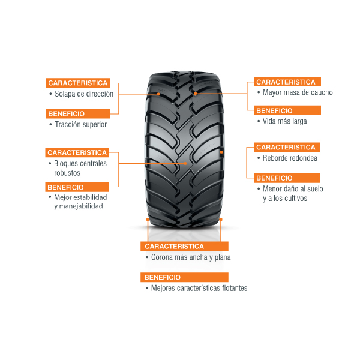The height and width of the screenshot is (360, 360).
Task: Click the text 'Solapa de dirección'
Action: [x=84, y=94]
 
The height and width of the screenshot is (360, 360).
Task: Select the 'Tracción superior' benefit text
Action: [x=81, y=125]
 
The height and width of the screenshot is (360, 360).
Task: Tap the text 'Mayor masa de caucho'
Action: [x=298, y=92]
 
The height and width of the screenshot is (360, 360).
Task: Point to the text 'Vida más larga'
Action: [x=284, y=121]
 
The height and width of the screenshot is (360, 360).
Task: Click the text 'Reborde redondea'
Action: [x=290, y=158]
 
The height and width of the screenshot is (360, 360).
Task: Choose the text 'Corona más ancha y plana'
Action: [x=191, y=257]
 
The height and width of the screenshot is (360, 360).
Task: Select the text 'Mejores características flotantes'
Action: [x=199, y=288]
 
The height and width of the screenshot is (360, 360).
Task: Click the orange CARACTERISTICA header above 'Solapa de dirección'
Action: [x=78, y=83]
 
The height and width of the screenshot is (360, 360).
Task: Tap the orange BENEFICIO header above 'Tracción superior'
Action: [x=78, y=113]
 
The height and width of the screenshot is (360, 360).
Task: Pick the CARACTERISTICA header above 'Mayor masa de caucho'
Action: [x=287, y=82]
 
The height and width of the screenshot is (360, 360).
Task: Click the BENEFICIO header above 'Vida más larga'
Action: [x=287, y=110]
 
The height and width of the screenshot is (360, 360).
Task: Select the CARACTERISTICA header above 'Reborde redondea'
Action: [x=287, y=147]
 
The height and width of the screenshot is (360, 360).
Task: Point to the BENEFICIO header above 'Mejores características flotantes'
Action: [x=184, y=277]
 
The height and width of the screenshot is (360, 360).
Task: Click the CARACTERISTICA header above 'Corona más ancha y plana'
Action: [x=184, y=247]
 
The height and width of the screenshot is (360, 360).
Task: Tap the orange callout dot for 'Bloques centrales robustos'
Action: [x=185, y=163]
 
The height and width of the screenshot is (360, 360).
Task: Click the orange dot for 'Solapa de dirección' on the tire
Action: [x=158, y=94]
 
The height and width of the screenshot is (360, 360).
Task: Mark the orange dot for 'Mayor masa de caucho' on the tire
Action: [x=196, y=94]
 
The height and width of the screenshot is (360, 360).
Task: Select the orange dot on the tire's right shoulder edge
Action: [x=221, y=152]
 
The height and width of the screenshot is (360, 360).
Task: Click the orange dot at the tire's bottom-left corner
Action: [x=148, y=220]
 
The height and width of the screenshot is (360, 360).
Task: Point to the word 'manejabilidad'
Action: [x=81, y=206]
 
